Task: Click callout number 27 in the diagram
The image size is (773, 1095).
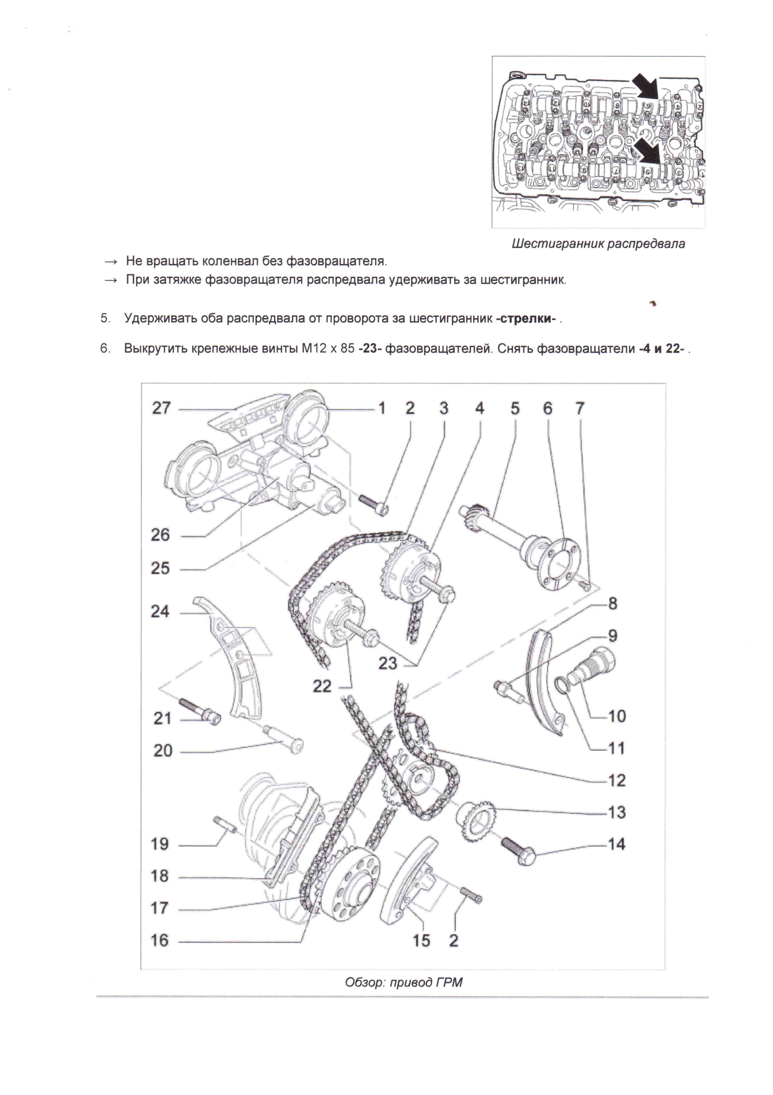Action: (161, 408)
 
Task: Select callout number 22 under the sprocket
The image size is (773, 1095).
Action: (322, 686)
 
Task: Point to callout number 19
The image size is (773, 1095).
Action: (160, 844)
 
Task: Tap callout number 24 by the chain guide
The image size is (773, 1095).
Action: (160, 611)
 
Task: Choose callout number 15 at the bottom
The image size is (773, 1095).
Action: (421, 941)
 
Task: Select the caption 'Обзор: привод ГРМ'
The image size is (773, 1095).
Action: (403, 982)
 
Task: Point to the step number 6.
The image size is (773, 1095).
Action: (105, 349)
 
